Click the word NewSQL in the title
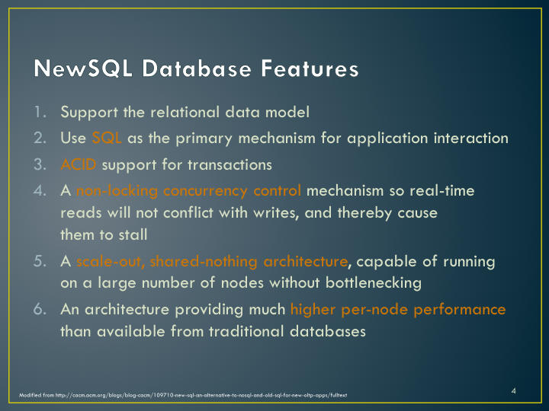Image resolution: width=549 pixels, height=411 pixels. [83, 68]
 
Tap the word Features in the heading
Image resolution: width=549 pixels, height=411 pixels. [310, 68]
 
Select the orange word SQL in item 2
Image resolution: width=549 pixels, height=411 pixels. [107, 138]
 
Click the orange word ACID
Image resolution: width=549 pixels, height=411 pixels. [78, 164]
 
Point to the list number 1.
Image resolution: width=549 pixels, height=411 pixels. [40, 112]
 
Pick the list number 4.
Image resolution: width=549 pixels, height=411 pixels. [40, 191]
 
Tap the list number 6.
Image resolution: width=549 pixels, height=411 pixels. [40, 309]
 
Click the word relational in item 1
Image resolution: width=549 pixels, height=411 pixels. [185, 112]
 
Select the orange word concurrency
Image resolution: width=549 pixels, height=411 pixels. [206, 192]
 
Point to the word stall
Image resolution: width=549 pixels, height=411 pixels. [133, 234]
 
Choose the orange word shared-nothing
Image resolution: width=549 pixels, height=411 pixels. [204, 262]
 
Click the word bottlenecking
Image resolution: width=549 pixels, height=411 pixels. [374, 283]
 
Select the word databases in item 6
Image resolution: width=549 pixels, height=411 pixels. [328, 331]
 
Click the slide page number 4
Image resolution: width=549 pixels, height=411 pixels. [513, 390]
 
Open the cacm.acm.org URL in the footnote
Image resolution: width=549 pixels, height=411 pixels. [201, 395]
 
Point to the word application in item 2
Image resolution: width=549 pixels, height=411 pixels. [387, 139]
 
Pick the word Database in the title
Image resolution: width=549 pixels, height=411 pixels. [197, 68]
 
